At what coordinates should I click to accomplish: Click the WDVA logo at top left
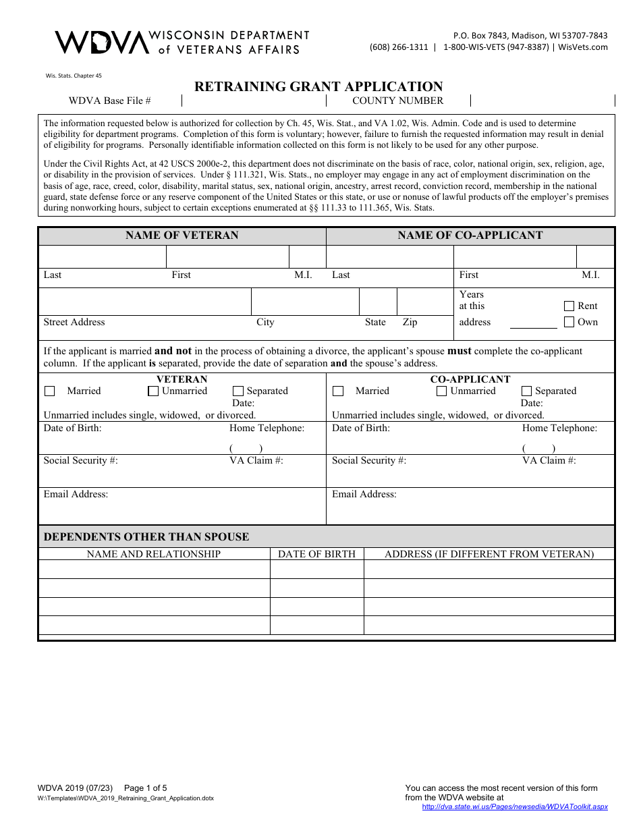[101, 42]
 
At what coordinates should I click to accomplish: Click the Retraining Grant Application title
[318, 86]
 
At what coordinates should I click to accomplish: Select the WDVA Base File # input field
[254, 101]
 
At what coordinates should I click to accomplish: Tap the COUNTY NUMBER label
[397, 101]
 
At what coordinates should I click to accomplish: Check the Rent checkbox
[569, 306]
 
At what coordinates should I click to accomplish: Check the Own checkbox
[569, 322]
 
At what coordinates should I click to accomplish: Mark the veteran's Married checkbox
[50, 391]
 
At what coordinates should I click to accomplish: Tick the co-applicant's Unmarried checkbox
[442, 391]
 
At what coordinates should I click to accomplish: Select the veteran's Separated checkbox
[238, 391]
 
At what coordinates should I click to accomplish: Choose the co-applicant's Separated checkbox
[526, 391]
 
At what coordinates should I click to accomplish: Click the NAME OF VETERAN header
[182, 236]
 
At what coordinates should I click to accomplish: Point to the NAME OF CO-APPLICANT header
[470, 236]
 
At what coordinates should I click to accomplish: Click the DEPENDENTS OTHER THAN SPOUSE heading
[146, 537]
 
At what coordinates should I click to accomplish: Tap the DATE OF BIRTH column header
[316, 554]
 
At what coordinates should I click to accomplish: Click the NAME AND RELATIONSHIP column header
[154, 554]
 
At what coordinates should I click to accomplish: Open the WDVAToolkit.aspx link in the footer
[515, 806]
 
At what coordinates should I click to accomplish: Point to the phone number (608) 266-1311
[399, 47]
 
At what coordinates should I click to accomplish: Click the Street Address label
[74, 322]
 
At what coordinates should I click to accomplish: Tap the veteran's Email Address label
[76, 494]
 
